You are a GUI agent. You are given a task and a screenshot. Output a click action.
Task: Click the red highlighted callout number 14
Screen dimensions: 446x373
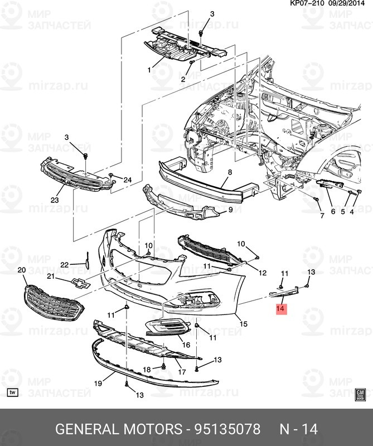pos(280,308)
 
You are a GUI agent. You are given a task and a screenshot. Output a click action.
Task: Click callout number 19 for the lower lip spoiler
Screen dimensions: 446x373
pos(97,384)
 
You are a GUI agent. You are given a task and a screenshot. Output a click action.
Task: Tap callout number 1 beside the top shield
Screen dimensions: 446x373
pos(149,70)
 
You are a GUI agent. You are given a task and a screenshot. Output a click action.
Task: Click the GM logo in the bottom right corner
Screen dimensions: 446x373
pos(360,394)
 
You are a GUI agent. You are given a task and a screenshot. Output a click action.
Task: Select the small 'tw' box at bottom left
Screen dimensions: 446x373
pos(13,393)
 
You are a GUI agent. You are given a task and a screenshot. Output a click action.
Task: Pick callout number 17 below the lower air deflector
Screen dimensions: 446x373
pos(181,372)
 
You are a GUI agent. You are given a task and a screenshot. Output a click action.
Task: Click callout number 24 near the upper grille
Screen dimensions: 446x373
pos(128,180)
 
